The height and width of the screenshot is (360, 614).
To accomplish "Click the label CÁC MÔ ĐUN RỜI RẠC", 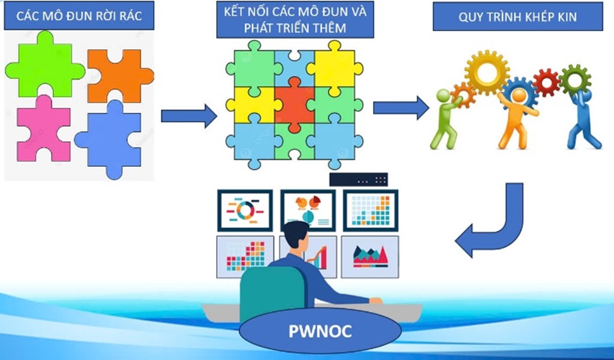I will tap(79, 16).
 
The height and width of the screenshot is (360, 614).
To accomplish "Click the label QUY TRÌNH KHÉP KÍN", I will tap(518, 17).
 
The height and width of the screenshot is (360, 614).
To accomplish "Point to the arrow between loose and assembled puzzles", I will tap(189, 115).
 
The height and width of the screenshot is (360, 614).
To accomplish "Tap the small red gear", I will tap(546, 83).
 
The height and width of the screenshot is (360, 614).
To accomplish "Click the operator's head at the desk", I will tap(297, 236).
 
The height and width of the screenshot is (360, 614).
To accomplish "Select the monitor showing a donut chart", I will tap(245, 210).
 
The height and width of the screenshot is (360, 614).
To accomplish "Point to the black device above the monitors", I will tap(358, 179).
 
